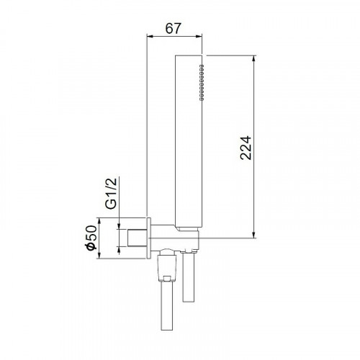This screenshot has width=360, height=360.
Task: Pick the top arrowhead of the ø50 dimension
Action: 102,220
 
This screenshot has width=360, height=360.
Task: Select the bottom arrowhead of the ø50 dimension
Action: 102,255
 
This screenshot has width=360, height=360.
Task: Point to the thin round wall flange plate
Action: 149,238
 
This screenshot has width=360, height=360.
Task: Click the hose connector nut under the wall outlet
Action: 165,266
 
